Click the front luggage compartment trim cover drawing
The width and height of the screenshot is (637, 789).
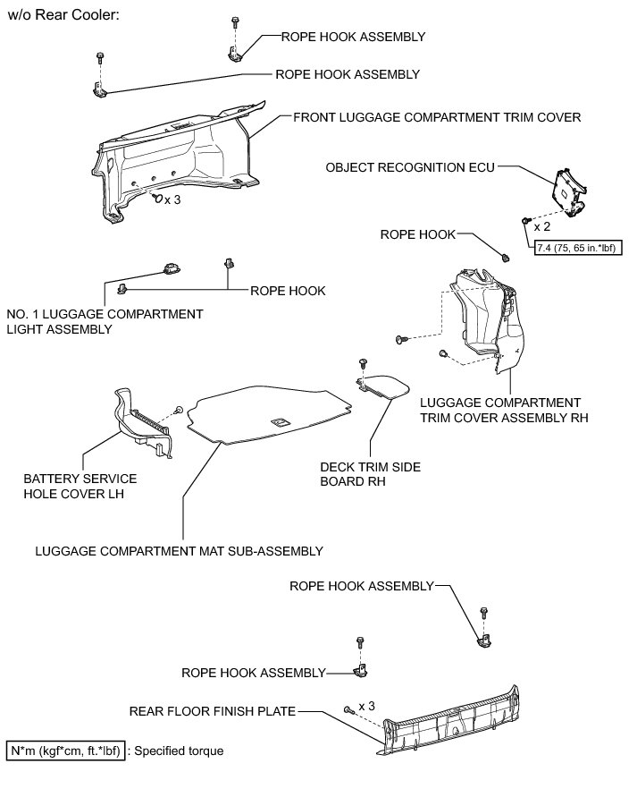coord(179,161)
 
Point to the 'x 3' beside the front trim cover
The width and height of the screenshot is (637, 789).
coord(172,199)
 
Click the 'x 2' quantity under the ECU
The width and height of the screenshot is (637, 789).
coord(542,226)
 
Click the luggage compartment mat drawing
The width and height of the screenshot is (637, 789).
coord(268,411)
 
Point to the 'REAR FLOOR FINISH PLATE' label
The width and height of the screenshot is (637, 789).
coord(212,712)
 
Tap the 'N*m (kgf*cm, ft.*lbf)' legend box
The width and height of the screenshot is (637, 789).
coord(65,751)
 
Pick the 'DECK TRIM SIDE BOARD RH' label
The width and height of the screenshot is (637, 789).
coord(371,473)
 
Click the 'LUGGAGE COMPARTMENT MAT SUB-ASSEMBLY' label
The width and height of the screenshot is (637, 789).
coord(179,550)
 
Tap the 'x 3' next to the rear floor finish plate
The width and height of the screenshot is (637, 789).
coord(366,706)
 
